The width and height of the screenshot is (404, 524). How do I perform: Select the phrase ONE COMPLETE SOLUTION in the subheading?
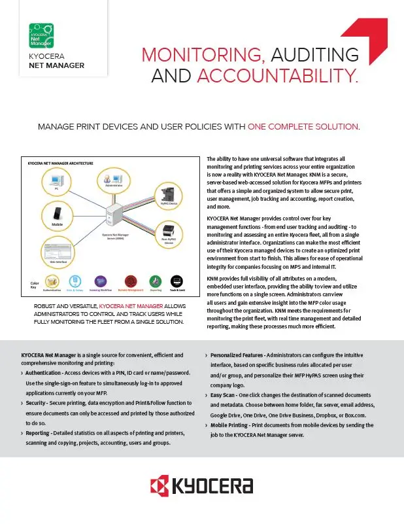click(x=303, y=126)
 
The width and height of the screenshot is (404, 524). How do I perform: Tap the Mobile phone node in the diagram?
click(x=57, y=214)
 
